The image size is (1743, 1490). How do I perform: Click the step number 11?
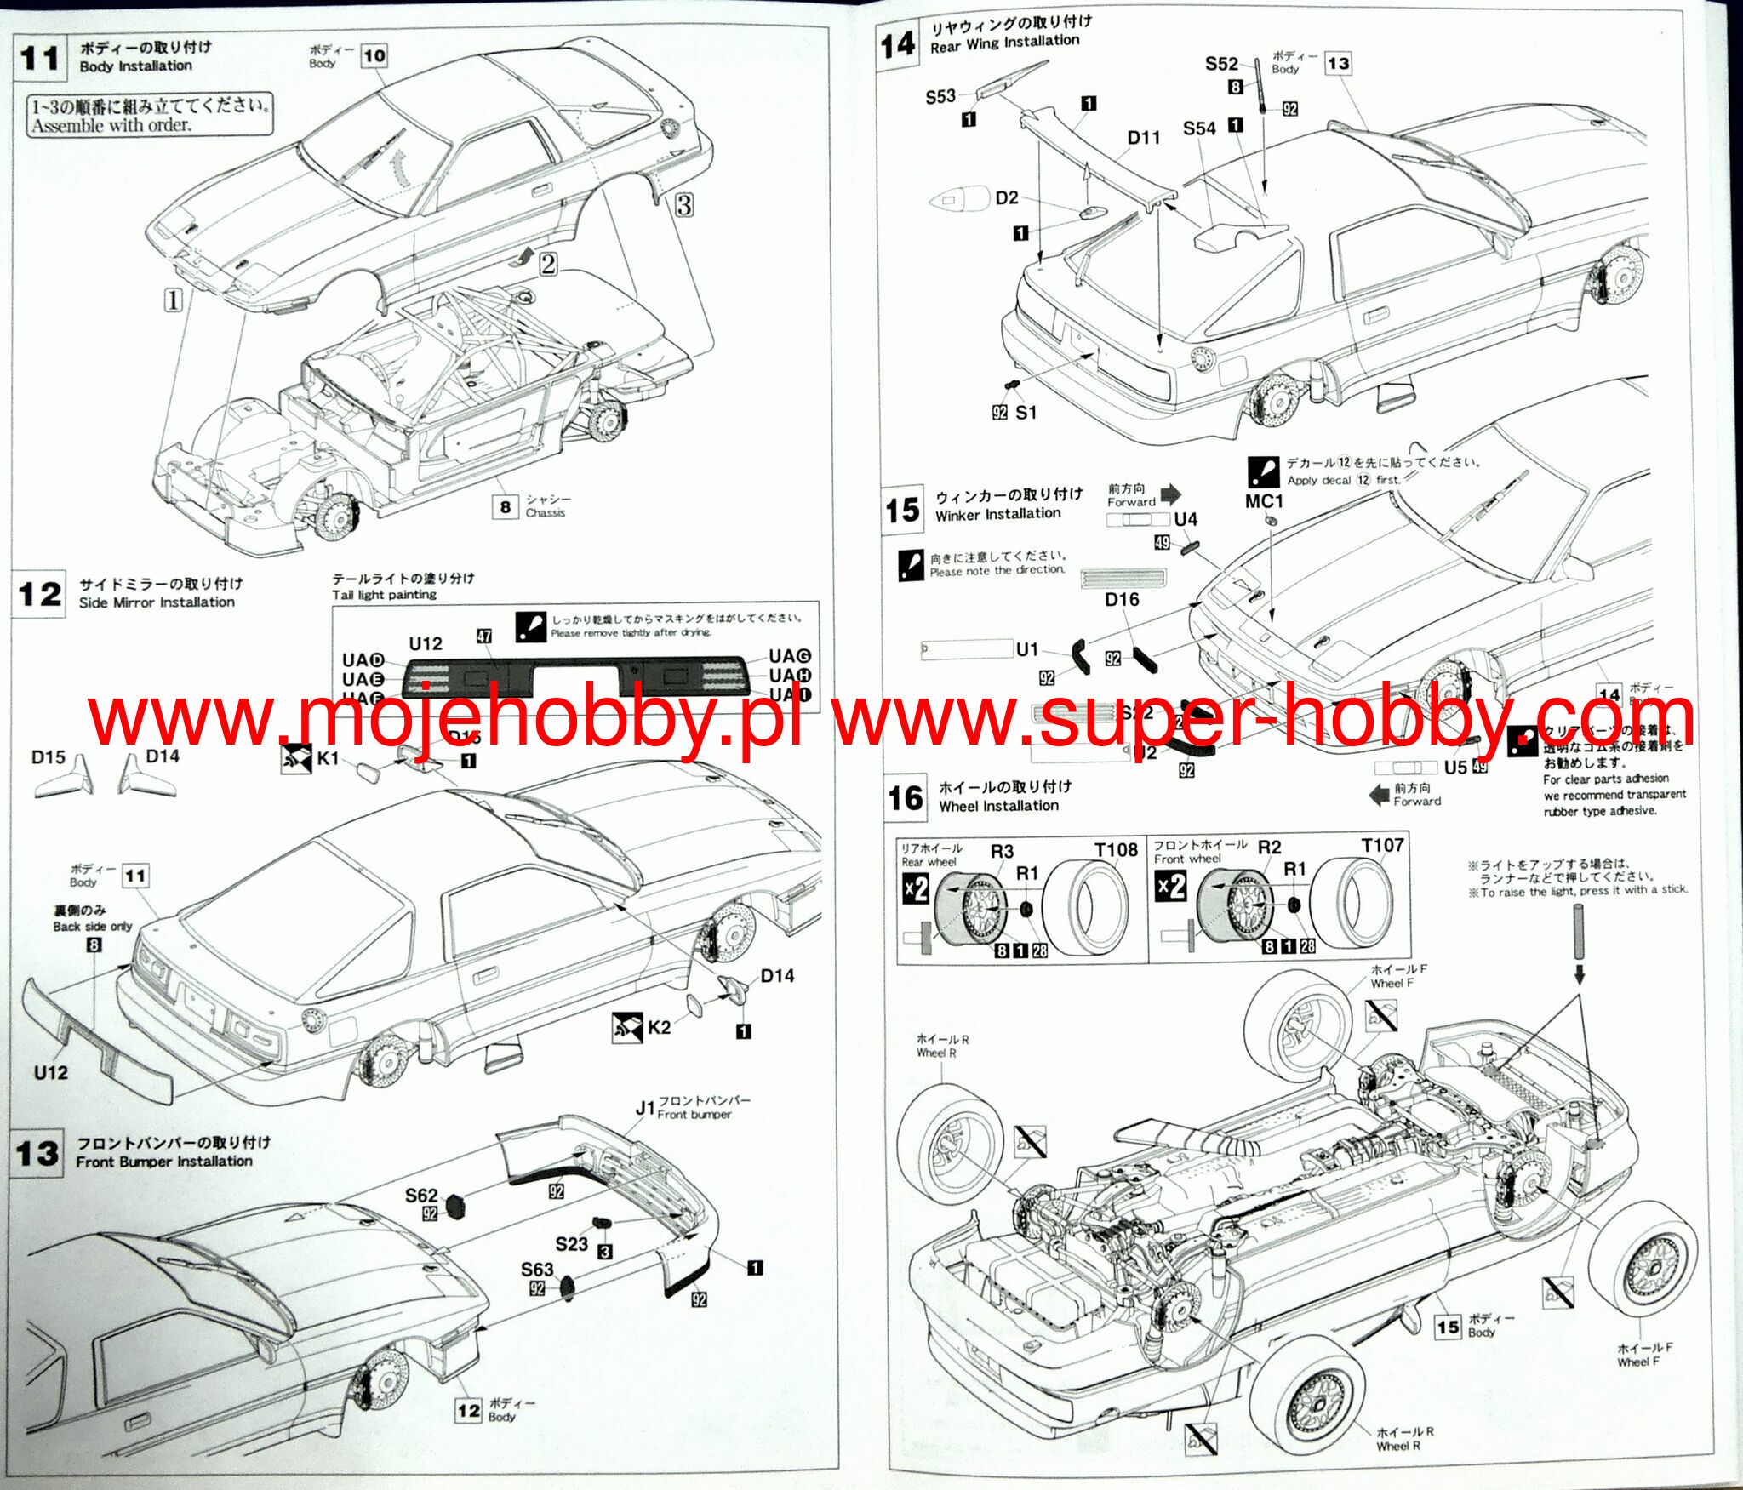pos(40,59)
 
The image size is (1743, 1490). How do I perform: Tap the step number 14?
pos(898,45)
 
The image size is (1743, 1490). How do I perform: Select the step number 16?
pos(906,798)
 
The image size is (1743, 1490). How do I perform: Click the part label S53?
pos(940,97)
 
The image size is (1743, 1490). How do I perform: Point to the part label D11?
pos(1143,138)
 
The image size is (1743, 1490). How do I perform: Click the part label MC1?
pos(1264,501)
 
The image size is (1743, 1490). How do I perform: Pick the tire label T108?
pos(1116,850)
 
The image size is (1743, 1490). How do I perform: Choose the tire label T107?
pos(1382,845)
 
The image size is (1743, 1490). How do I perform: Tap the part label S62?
pos(421,1196)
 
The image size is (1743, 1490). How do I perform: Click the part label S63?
pos(537,1270)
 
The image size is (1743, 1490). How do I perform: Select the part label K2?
pos(659,1027)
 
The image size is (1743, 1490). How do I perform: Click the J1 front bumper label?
pos(645,1108)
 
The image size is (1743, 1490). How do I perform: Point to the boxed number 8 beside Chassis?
pos(506,507)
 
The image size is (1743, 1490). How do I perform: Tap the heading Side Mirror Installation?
pos(157,602)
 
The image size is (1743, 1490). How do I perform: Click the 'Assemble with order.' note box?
pos(151,116)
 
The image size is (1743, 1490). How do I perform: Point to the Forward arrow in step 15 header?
pos(1171,494)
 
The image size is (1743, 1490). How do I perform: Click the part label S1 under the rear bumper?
pos(1026,413)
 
